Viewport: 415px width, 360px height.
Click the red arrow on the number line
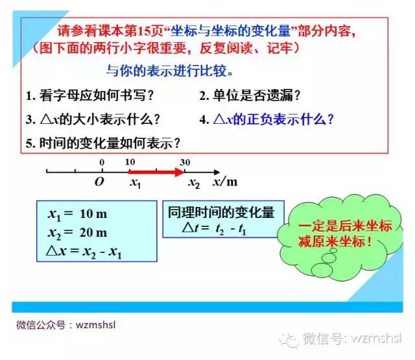156,172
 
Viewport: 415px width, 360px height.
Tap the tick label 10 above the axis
130,162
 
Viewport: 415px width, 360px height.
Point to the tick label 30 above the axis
186,162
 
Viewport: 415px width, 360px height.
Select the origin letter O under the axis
99,182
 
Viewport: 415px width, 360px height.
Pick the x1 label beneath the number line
136,184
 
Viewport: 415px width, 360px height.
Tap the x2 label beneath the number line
194,184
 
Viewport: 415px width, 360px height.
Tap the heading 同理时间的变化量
220,212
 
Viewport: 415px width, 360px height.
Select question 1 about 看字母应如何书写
90,96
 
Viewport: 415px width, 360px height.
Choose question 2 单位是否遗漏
250,96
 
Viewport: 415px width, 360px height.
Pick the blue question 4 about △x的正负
267,119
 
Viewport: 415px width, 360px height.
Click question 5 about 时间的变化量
102,143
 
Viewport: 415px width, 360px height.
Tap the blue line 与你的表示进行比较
169,71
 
